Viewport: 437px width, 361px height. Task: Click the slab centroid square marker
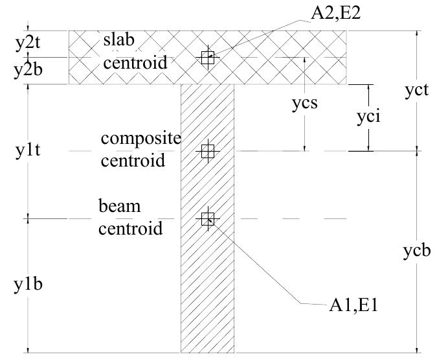pyautogui.click(x=207, y=58)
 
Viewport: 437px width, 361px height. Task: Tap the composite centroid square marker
pyautogui.click(x=207, y=152)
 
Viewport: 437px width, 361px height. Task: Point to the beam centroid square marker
pyautogui.click(x=207, y=219)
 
